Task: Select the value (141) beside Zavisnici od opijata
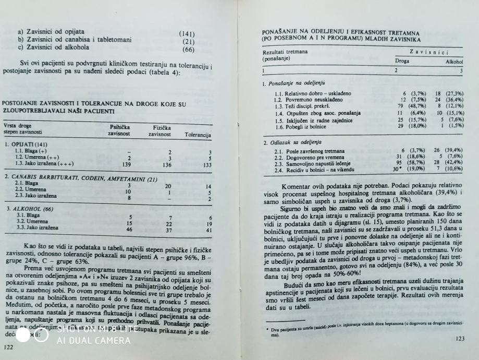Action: [x=187, y=33]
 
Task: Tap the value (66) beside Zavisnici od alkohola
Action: [x=188, y=50]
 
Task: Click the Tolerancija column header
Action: [x=198, y=135]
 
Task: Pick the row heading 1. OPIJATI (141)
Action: [x=26, y=144]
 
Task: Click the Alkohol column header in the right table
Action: [x=453, y=62]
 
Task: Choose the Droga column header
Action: [x=402, y=61]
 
